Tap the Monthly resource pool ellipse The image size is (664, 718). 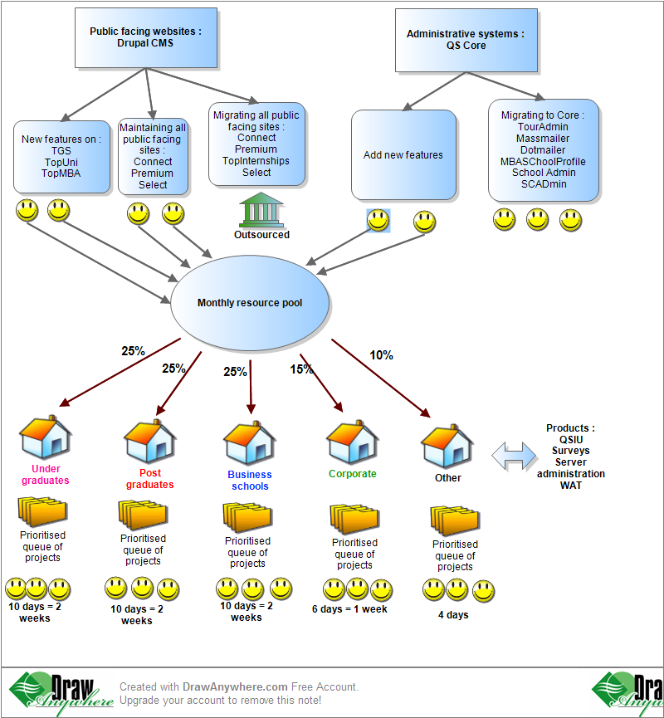250,303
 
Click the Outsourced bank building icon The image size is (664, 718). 261,212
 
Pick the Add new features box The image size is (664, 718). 403,155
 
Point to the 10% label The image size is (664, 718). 381,355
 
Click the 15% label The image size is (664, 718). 301,369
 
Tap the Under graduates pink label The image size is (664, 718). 46,475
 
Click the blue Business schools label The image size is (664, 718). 250,481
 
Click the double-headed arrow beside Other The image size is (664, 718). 514,456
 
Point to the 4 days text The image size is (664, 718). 453,615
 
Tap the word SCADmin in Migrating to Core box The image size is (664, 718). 544,184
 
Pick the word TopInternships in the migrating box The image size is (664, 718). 256,161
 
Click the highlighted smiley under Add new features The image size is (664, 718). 378,221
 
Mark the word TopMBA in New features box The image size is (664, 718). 61,173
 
